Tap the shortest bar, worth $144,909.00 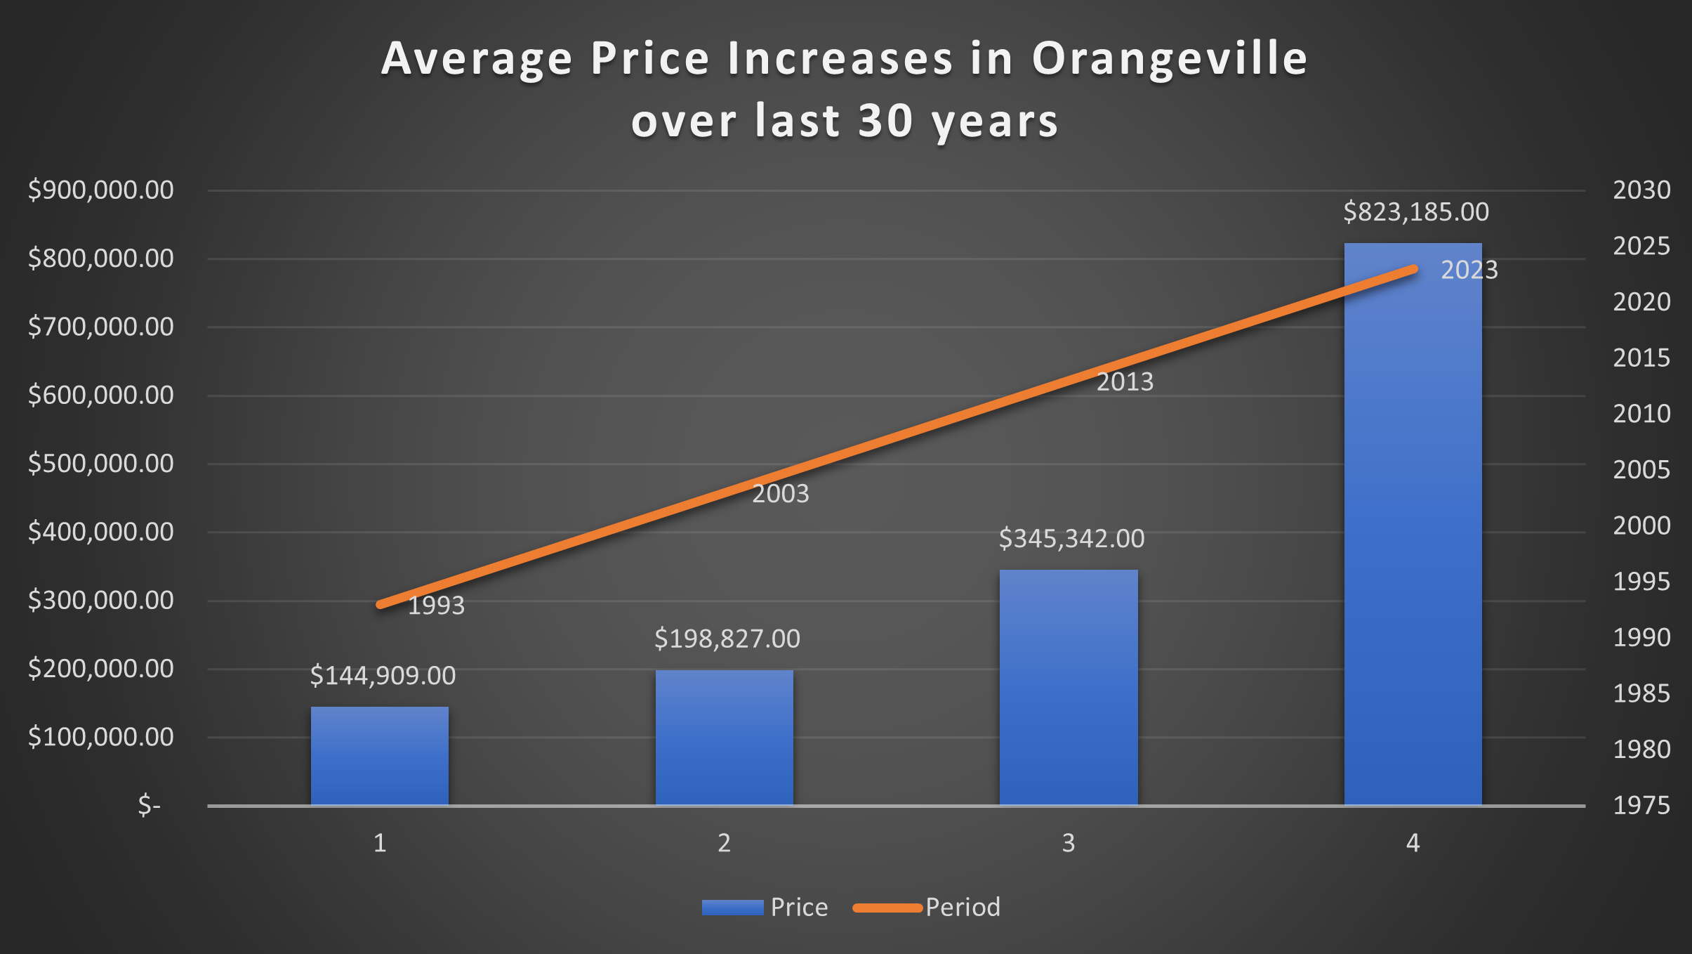380,756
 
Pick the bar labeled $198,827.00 724,738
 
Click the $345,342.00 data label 1071,539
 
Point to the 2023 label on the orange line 1469,270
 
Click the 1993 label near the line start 436,606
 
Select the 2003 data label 781,494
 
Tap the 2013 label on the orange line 1125,382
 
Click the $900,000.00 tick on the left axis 101,190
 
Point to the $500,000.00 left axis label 101,464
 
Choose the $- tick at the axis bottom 150,805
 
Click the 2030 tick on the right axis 1641,190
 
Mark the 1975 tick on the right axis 1641,806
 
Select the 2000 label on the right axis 1641,525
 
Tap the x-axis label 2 724,843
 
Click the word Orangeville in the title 1170,58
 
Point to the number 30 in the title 886,121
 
